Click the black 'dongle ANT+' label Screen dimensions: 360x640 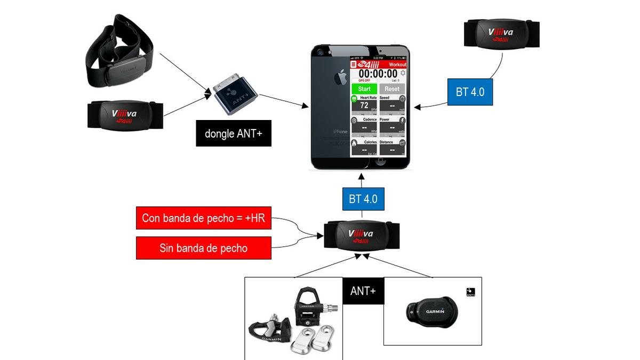point(234,133)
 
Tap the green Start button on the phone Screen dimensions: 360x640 point(364,89)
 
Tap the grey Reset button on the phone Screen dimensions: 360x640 point(392,89)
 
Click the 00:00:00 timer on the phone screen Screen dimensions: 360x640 point(378,74)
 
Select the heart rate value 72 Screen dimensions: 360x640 point(364,105)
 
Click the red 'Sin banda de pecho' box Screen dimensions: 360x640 point(203,248)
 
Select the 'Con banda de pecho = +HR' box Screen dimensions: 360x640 point(203,218)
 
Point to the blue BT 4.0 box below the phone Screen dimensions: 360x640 point(363,199)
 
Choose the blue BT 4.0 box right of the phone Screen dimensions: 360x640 point(470,91)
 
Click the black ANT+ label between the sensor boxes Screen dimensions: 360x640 point(363,291)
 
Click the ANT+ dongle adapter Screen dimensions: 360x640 point(236,95)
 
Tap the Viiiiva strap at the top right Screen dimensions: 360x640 point(501,34)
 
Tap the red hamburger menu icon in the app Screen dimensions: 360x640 point(353,63)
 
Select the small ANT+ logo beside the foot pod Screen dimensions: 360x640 point(470,292)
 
